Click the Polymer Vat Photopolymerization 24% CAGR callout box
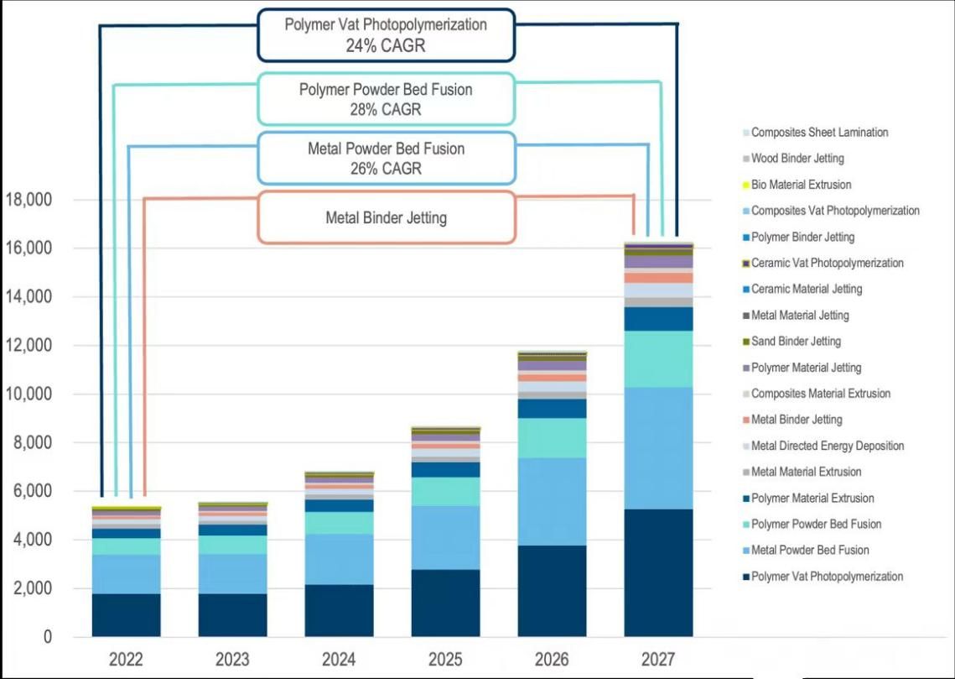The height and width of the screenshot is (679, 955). [x=385, y=35]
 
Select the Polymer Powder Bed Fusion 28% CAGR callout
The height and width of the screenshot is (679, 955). [x=385, y=99]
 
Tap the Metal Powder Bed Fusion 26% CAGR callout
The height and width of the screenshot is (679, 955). [x=385, y=158]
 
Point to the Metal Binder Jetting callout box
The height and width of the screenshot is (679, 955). [x=386, y=217]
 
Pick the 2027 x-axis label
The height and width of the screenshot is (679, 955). [x=658, y=659]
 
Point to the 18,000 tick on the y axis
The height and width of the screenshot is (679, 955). [x=29, y=201]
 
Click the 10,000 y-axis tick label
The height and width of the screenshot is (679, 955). [x=29, y=394]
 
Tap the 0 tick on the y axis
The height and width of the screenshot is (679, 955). [x=47, y=637]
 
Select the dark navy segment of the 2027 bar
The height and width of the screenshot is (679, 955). [x=658, y=572]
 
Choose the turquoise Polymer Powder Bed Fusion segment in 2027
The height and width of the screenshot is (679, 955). [x=658, y=358]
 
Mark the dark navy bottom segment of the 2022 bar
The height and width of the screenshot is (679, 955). [x=126, y=614]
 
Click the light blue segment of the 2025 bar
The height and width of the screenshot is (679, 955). [x=445, y=537]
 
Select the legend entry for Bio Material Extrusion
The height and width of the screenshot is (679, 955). [x=801, y=185]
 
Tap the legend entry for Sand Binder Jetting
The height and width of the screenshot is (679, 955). [x=796, y=342]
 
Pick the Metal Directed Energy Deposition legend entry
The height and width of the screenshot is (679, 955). [x=827, y=446]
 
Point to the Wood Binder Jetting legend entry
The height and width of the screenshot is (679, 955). [x=797, y=159]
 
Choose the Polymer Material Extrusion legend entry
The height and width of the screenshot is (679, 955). [x=812, y=499]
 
